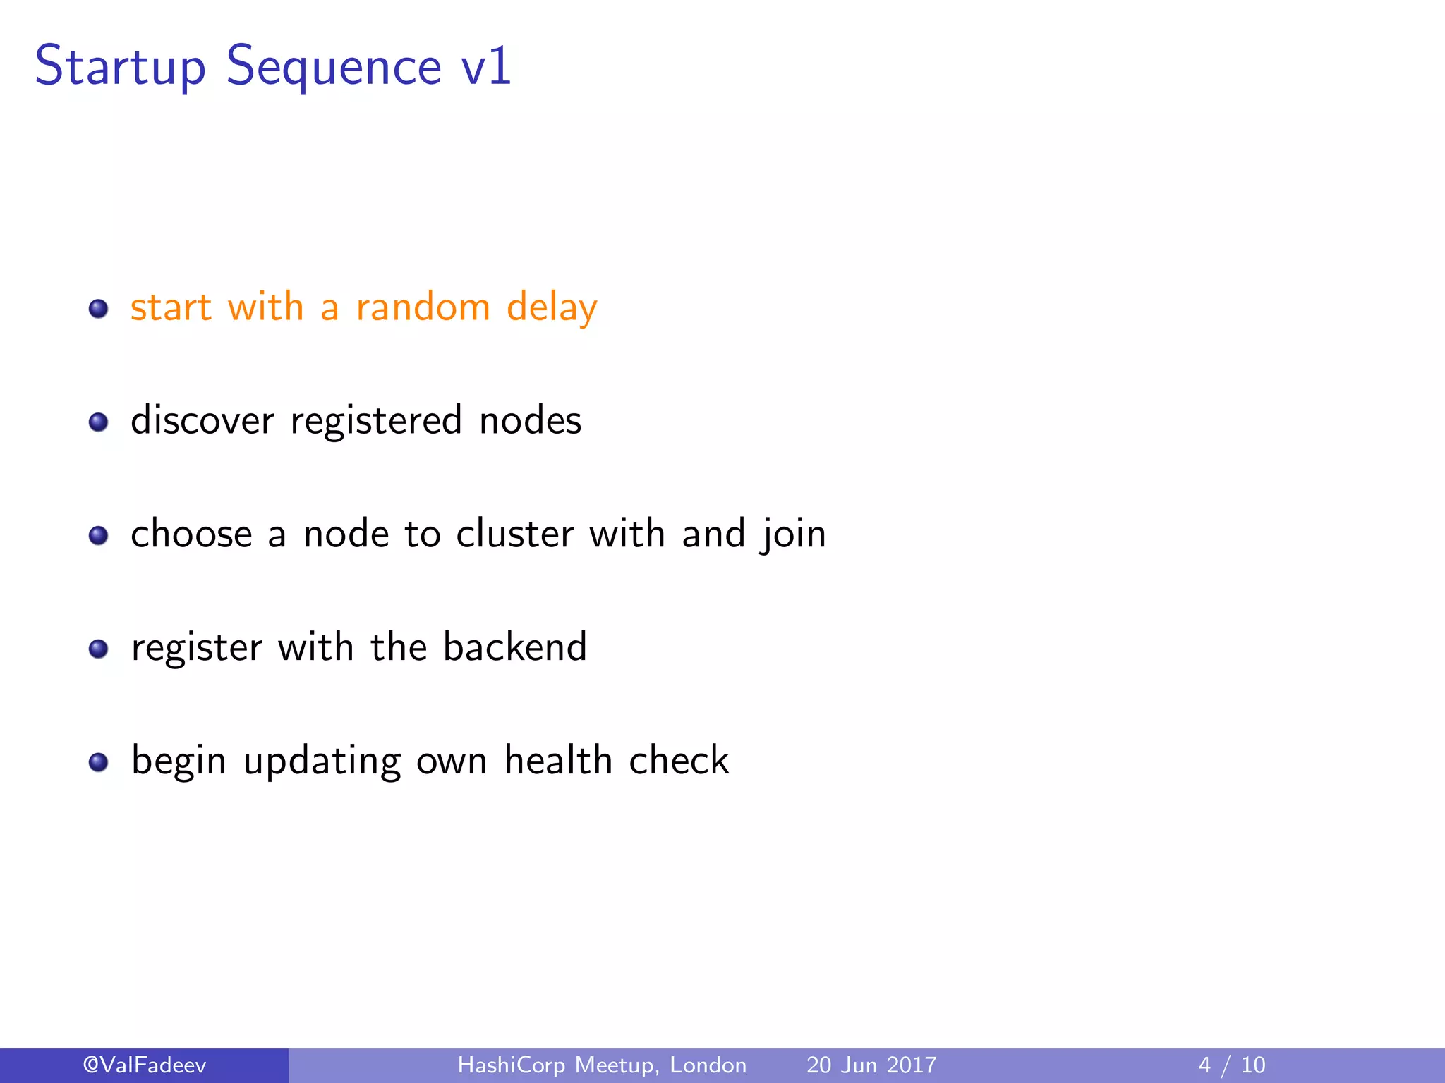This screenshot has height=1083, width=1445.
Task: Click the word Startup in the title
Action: tap(120, 67)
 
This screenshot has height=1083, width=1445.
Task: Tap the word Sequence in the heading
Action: tap(333, 67)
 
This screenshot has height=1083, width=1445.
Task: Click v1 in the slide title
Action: tap(485, 67)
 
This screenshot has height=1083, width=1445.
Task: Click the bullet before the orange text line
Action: tap(98, 309)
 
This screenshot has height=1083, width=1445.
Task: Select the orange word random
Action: tap(423, 307)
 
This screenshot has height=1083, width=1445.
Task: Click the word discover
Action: tap(202, 420)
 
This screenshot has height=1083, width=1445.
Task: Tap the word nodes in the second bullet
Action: tap(530, 420)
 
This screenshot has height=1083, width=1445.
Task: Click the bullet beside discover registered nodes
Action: tap(98, 422)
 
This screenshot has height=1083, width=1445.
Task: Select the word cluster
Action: tap(514, 534)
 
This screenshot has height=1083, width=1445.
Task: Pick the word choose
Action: tap(191, 534)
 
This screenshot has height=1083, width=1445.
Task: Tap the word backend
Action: tap(514, 647)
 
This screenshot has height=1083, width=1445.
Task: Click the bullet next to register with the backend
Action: tap(98, 649)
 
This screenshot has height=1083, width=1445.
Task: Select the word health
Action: tap(558, 760)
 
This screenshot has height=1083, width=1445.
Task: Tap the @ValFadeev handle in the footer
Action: tap(145, 1065)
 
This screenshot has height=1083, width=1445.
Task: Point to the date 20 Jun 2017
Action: tap(871, 1065)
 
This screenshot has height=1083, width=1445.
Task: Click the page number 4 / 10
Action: tap(1232, 1065)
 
